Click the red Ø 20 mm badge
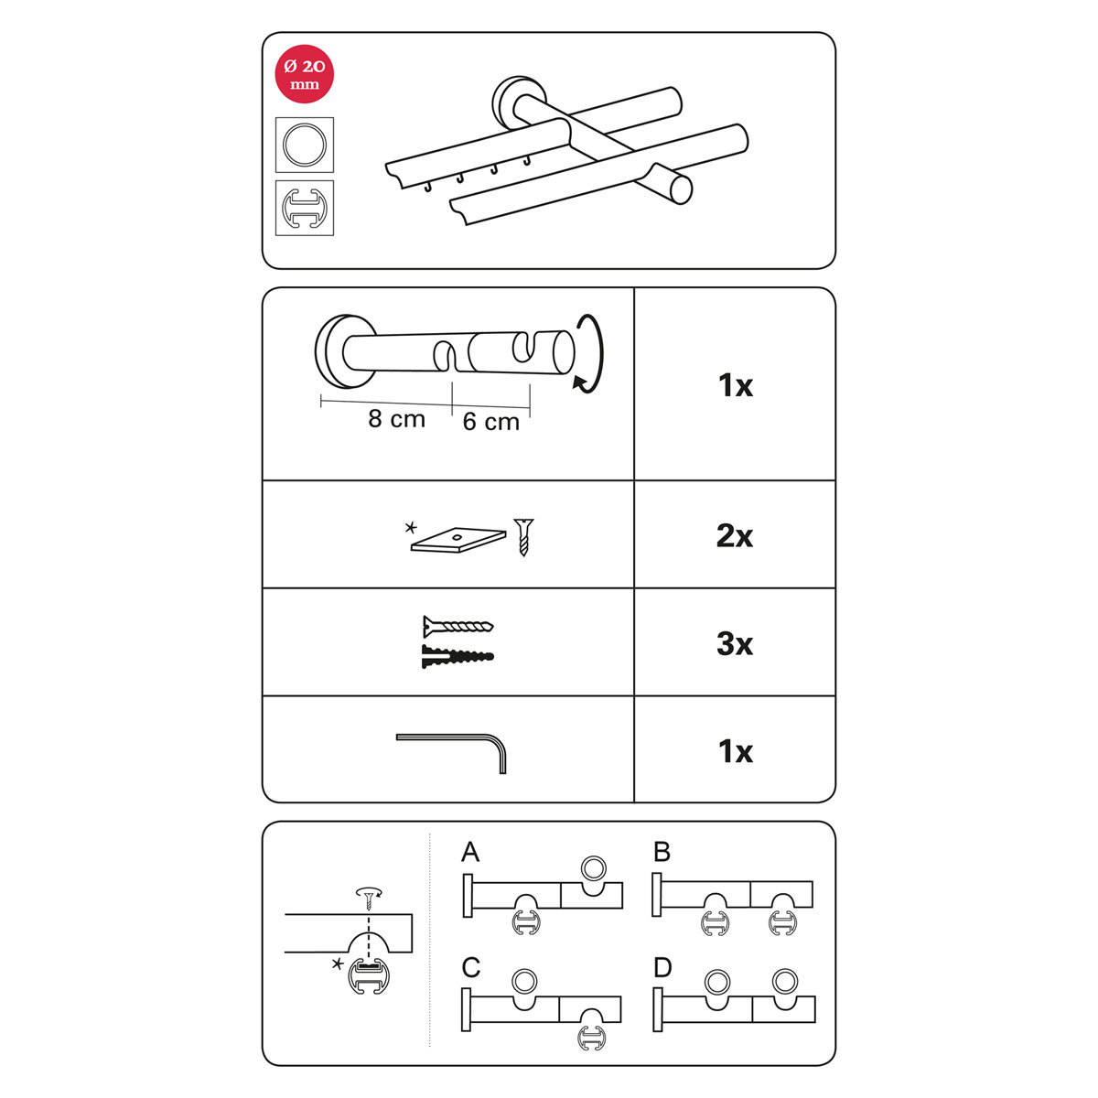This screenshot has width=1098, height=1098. tap(305, 74)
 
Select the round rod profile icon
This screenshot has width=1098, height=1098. tap(305, 145)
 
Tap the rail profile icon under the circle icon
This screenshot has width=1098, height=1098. tap(305, 208)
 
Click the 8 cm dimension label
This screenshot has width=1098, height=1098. tap(396, 419)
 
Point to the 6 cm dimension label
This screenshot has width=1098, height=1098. tap(491, 422)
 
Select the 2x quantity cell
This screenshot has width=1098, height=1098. tap(735, 535)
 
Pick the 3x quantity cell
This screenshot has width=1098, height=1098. tap(735, 643)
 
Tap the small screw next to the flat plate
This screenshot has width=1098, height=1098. tap(523, 537)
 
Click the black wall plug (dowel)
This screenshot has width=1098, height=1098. tap(457, 656)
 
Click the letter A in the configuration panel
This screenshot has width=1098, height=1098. tap(470, 852)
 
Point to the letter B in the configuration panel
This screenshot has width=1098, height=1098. tap(662, 852)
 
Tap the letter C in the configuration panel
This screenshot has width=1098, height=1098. tap(471, 967)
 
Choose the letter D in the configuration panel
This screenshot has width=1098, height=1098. tap(662, 967)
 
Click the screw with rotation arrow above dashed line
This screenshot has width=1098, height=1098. tap(369, 898)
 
